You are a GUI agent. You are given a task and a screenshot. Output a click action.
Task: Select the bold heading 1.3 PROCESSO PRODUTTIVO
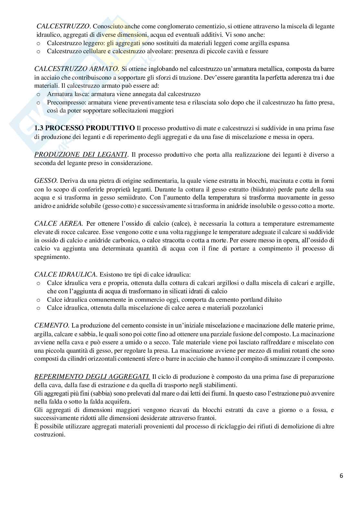point(85,128)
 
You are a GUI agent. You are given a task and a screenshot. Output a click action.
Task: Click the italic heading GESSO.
point(46,181)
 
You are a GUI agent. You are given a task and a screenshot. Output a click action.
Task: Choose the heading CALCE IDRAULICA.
point(65,275)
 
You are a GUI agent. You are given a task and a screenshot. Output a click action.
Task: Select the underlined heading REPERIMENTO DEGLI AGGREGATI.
point(92,377)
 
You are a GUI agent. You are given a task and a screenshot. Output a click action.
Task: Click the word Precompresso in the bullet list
point(65,103)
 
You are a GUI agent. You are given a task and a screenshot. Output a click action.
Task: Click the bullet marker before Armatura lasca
point(39,94)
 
